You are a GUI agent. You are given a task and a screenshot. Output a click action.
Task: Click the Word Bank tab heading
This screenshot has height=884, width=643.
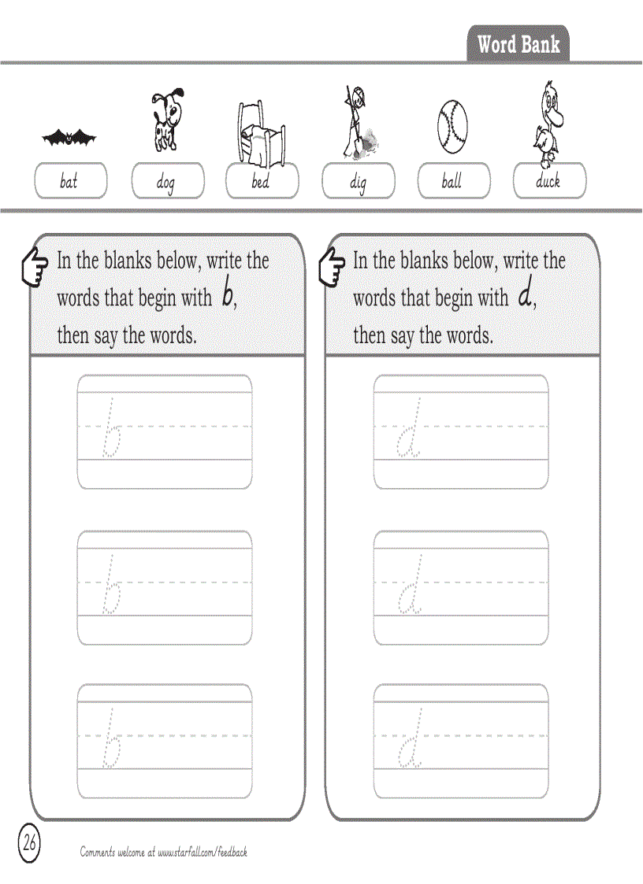[518, 44]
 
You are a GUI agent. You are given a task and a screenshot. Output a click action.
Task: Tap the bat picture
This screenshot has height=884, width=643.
[69, 139]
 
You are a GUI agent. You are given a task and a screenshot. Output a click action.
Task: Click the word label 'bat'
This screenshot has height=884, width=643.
[70, 181]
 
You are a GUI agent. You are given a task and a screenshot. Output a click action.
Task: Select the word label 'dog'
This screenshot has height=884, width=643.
[166, 182]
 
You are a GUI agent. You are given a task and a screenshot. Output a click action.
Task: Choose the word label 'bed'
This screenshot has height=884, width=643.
[262, 181]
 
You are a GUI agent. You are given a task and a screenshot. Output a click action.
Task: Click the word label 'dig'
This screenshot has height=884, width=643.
[358, 182]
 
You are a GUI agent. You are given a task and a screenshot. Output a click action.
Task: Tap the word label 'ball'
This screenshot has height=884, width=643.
[453, 181]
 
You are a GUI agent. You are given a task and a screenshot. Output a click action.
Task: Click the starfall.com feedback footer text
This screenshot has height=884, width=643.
[164, 852]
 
